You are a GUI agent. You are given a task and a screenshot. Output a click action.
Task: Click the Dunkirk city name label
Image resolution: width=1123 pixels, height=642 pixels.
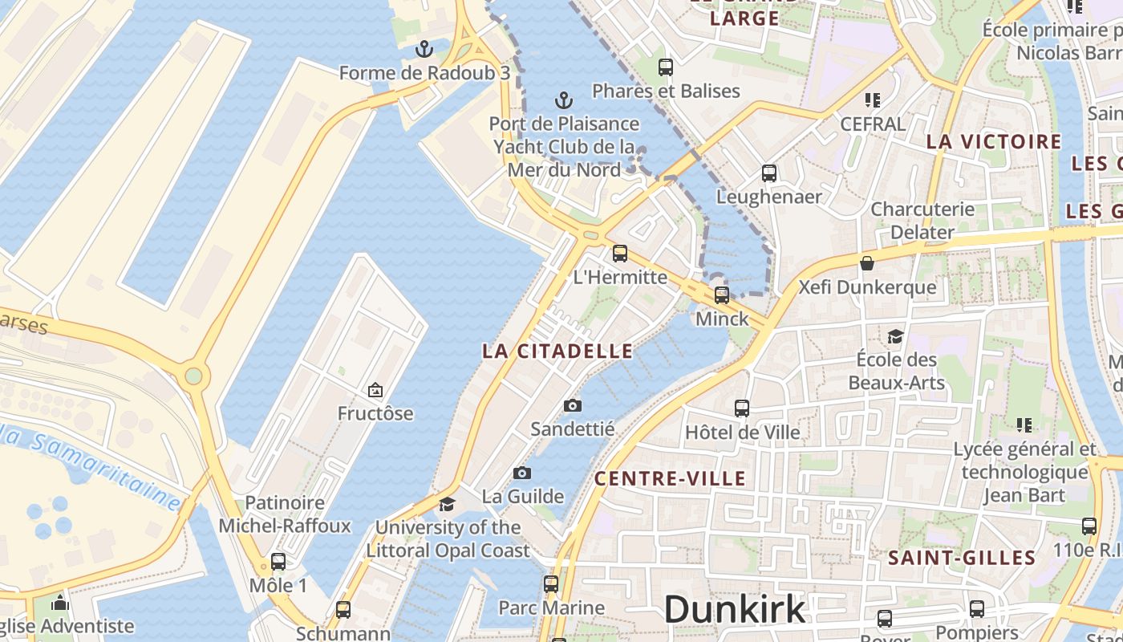click(x=735, y=608)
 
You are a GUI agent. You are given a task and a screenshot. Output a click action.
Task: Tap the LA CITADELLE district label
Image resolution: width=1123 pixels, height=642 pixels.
click(x=557, y=351)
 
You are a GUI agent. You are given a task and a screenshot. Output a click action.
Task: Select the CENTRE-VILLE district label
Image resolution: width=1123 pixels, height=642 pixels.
click(x=670, y=479)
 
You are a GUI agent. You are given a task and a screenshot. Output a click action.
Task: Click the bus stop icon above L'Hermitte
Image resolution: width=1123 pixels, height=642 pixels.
click(x=620, y=254)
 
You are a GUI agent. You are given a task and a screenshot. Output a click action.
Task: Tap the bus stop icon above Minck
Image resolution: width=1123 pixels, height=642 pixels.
click(x=722, y=295)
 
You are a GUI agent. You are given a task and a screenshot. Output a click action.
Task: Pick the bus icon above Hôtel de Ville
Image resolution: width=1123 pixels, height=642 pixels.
click(x=742, y=408)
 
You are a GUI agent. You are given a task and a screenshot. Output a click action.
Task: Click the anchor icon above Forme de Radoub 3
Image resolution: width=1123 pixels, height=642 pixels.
click(x=424, y=50)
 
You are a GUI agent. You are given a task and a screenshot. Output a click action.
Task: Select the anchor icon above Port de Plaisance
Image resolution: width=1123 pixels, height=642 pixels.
click(x=564, y=100)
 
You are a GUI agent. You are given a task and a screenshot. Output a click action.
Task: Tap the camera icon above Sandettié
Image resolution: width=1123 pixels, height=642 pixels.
click(x=572, y=405)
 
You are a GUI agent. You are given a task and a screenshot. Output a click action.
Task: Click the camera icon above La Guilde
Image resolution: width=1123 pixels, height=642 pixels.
click(x=522, y=473)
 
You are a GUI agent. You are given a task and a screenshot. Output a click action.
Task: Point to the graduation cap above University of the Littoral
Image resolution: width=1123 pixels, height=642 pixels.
click(x=447, y=504)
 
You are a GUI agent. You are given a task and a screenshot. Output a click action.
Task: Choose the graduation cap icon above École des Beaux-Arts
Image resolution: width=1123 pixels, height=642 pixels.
click(x=896, y=335)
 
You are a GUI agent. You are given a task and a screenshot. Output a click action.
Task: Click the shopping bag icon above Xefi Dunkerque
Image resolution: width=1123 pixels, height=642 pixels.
click(x=867, y=262)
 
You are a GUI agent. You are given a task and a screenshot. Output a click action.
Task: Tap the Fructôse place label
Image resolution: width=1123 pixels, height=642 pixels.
click(x=375, y=413)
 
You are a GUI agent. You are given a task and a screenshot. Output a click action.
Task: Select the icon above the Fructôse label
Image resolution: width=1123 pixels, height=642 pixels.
click(x=375, y=390)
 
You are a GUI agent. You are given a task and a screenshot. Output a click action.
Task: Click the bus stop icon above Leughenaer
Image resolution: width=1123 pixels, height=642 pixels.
click(x=769, y=173)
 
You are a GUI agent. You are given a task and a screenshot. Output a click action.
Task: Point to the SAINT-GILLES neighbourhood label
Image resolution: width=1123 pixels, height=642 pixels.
click(x=962, y=558)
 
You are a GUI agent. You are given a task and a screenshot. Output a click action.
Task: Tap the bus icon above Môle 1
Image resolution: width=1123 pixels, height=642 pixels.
click(x=278, y=561)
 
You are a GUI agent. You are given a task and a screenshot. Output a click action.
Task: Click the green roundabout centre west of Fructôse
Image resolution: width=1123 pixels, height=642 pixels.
click(x=193, y=376)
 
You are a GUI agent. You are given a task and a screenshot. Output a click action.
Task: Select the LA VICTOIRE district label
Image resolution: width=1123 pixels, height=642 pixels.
click(x=994, y=142)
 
